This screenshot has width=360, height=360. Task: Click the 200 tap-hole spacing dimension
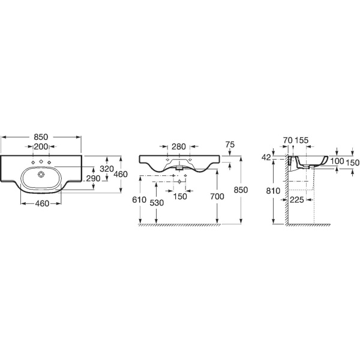tap(41, 146)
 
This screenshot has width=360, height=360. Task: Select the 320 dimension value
tap(107, 169)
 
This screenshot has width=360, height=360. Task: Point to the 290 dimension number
tap(93, 178)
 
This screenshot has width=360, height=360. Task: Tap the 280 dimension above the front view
tap(179, 146)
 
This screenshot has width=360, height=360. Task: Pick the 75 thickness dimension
tap(230, 145)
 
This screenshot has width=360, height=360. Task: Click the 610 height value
tap(139, 200)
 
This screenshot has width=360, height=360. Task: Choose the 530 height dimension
tap(157, 203)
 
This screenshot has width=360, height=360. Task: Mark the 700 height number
tap(217, 197)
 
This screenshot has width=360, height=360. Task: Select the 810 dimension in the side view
tap(273, 191)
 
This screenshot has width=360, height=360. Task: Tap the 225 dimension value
tap(297, 200)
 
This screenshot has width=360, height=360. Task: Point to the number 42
tap(266, 157)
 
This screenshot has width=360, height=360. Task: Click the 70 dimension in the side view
tap(287, 140)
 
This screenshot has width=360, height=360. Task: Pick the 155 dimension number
tap(302, 140)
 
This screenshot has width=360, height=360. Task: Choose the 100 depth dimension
tap(337, 161)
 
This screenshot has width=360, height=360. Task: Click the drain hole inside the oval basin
tap(41, 175)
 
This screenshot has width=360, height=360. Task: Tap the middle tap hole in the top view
tap(41, 161)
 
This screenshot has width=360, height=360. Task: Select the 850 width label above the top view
tap(41, 137)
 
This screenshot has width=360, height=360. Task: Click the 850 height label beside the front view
tap(241, 190)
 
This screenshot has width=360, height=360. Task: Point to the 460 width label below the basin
tap(42, 203)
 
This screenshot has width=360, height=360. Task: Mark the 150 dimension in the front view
tap(180, 197)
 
